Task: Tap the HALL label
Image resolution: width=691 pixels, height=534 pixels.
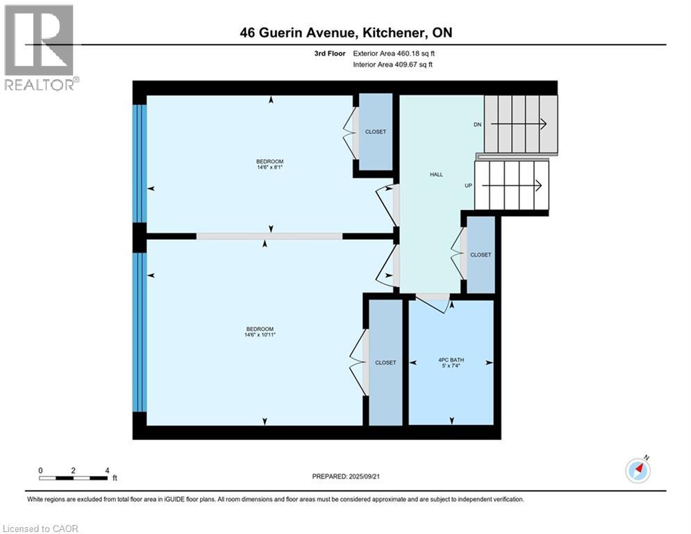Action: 436,175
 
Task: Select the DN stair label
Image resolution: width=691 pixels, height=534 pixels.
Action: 477,124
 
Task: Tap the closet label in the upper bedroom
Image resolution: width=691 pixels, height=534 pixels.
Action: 375,131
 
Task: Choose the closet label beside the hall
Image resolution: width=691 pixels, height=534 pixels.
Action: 480,255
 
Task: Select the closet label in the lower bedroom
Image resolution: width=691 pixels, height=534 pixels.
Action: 385,362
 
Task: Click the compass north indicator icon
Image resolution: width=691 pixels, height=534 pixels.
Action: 638,470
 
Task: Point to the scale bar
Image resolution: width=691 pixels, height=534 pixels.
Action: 74,478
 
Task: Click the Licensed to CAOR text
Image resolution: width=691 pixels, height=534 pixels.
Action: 41,528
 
